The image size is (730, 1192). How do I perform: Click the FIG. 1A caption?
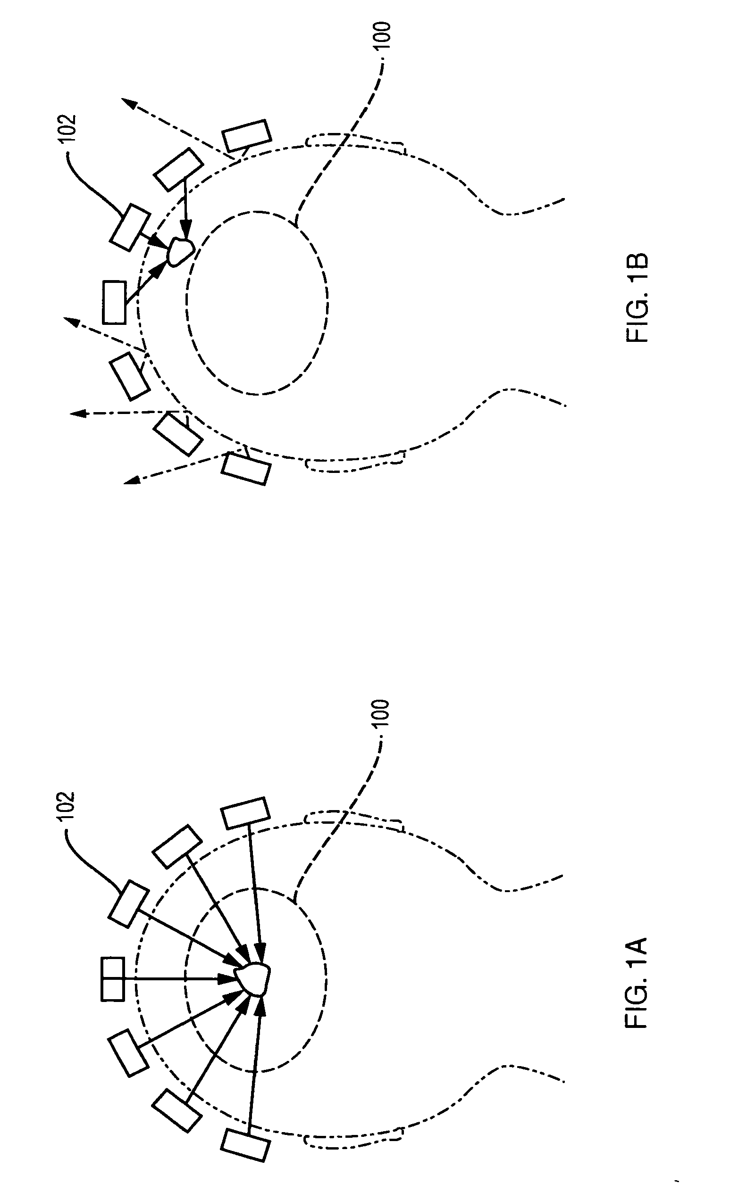tap(637, 982)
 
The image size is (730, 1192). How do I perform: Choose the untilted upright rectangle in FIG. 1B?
tap(114, 302)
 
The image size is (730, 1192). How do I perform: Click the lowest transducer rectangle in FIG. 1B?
tap(245, 468)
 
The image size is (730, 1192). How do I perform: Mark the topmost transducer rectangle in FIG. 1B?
tap(245, 134)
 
